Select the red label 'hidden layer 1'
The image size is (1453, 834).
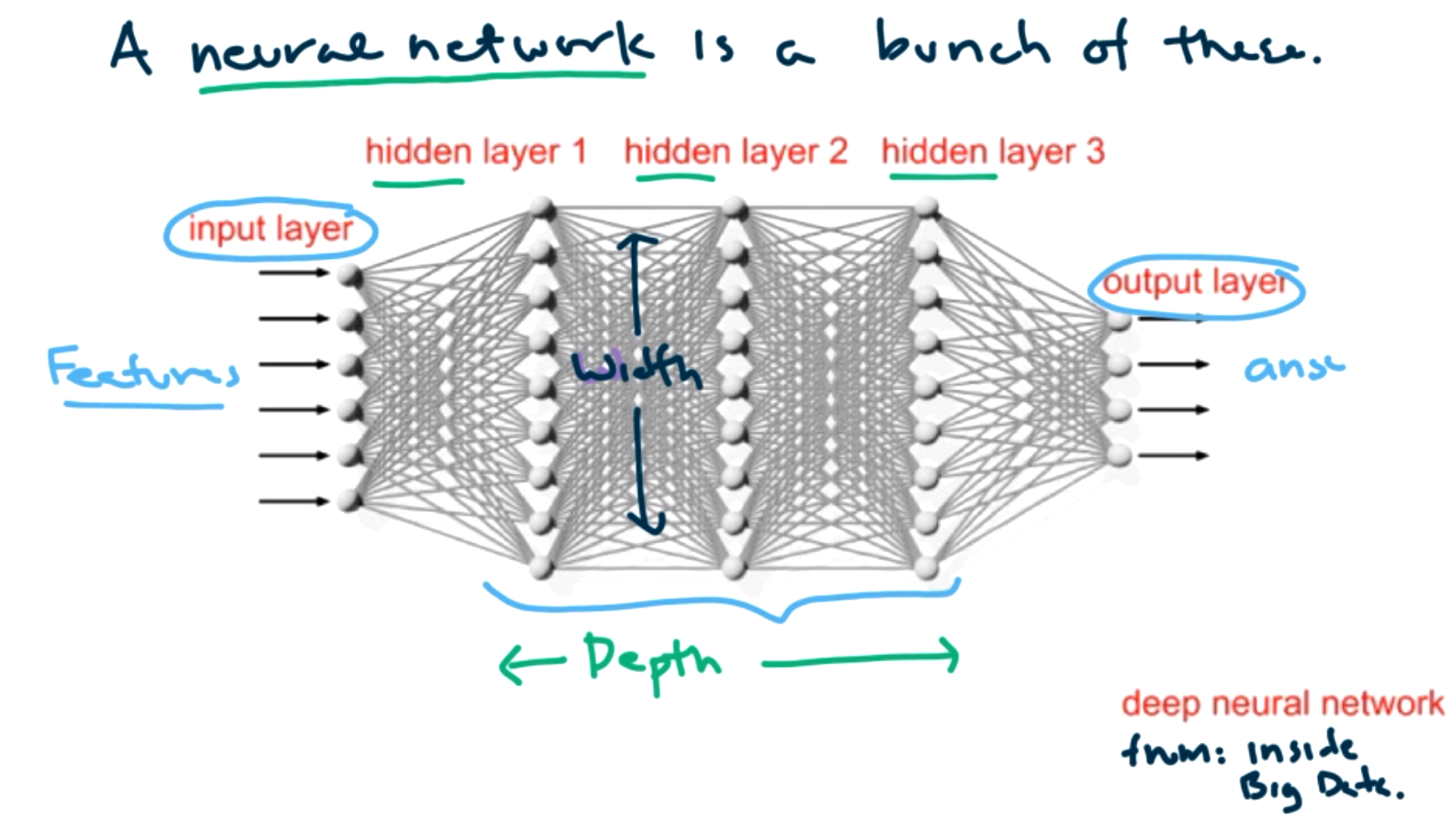point(475,152)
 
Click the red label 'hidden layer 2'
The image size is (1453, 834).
point(735,152)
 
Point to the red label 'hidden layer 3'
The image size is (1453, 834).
point(992,152)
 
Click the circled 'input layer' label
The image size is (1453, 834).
point(270,229)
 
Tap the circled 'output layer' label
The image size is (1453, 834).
point(1195,283)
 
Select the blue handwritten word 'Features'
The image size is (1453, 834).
point(142,369)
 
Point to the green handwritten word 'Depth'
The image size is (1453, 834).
point(652,659)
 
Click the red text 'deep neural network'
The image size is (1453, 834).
point(1281,704)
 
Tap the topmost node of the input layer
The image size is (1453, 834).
point(349,275)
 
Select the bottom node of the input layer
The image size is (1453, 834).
point(349,501)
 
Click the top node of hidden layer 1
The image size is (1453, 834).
point(543,208)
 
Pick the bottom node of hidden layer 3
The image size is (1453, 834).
point(927,567)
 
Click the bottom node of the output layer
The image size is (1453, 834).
point(1119,455)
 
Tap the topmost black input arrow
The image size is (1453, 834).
point(294,273)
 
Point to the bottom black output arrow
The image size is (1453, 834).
point(1173,456)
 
